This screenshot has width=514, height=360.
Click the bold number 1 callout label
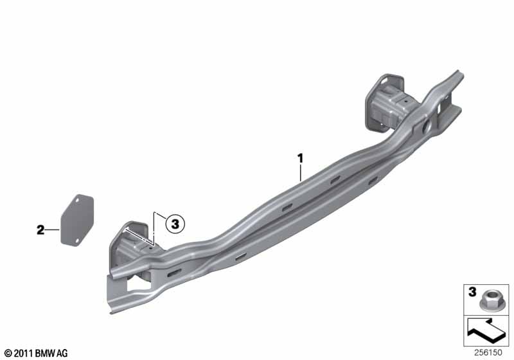[x=300, y=159]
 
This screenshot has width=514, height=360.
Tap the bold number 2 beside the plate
[x=40, y=230]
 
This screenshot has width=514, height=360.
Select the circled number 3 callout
[x=175, y=224]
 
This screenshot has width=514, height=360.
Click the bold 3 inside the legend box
[x=472, y=292]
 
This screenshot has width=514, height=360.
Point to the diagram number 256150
[x=488, y=352]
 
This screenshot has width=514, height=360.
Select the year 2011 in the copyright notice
[x=24, y=354]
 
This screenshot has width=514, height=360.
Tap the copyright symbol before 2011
[x=8, y=354]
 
